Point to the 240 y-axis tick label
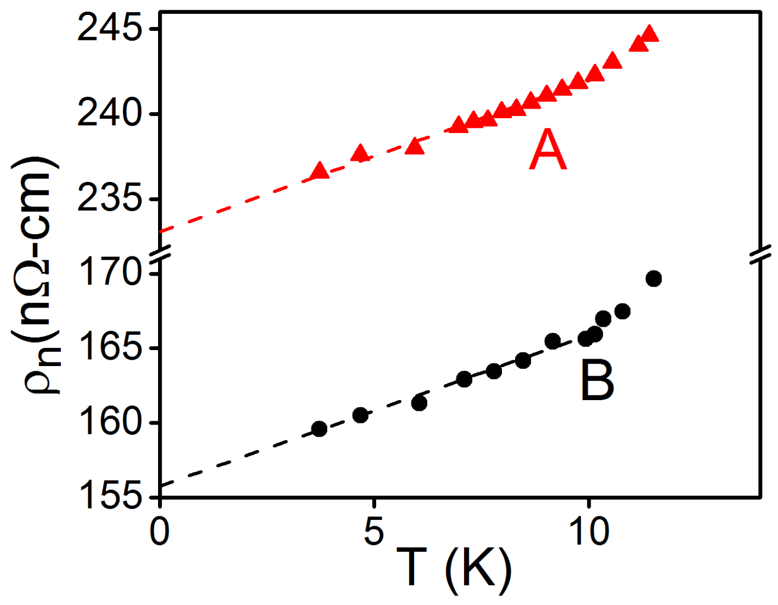pos(110,113)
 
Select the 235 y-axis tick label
pos(110,199)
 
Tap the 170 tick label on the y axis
pos(110,274)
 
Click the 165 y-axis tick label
pos(110,348)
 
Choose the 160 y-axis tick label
pos(110,422)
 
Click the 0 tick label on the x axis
pos(160,531)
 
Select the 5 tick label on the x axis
pos(374,531)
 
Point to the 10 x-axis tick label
pos(589,531)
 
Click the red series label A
pos(548,151)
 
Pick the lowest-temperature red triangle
pos(320,171)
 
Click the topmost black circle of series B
pos(653,278)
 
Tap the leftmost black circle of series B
pos(319,429)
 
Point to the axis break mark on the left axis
pos(160,254)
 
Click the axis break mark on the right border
pos(760,254)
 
